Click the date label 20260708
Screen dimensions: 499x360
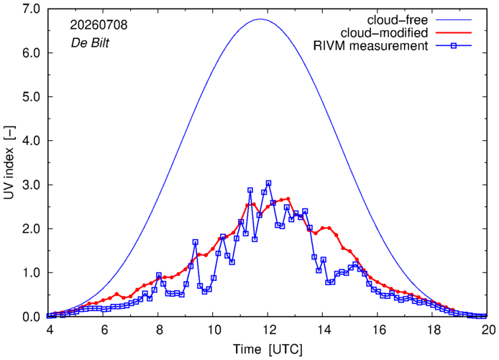click(99, 25)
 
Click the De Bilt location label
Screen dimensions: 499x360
click(90, 42)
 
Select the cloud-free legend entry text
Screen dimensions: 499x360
click(398, 20)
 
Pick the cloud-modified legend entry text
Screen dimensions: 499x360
click(384, 33)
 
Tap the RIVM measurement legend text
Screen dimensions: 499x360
click(371, 46)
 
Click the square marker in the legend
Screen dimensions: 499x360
click(454, 46)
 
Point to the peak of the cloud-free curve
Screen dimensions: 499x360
click(260, 19)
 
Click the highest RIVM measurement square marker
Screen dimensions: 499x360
click(268, 183)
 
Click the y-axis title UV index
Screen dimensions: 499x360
click(9, 163)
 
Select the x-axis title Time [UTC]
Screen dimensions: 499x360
click(267, 349)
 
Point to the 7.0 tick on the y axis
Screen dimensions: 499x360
click(31, 9)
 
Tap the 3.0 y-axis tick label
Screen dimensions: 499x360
click(31, 185)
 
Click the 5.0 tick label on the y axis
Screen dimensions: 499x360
click(31, 97)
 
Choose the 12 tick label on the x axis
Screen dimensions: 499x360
click(269, 330)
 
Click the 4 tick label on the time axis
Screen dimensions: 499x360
click(50, 330)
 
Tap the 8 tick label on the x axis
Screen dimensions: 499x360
click(160, 330)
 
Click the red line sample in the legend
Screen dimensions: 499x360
click(454, 33)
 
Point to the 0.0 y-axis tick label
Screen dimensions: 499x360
click(31, 317)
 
